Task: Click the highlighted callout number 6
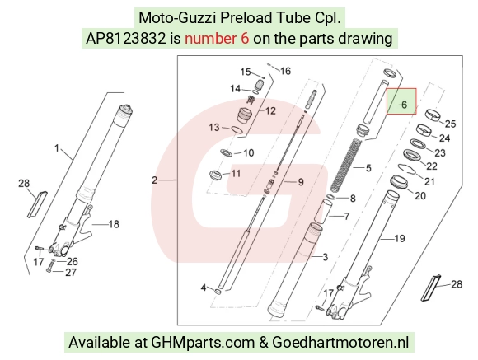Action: tap(404, 105)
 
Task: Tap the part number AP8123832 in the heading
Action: tap(125, 39)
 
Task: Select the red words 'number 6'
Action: tap(217, 39)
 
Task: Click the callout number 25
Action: tap(450, 124)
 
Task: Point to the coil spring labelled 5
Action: tap(347, 165)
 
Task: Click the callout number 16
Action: tap(285, 71)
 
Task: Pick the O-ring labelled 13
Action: tap(237, 129)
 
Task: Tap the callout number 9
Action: tap(301, 182)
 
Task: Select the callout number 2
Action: tap(155, 180)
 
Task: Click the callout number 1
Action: tap(57, 148)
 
